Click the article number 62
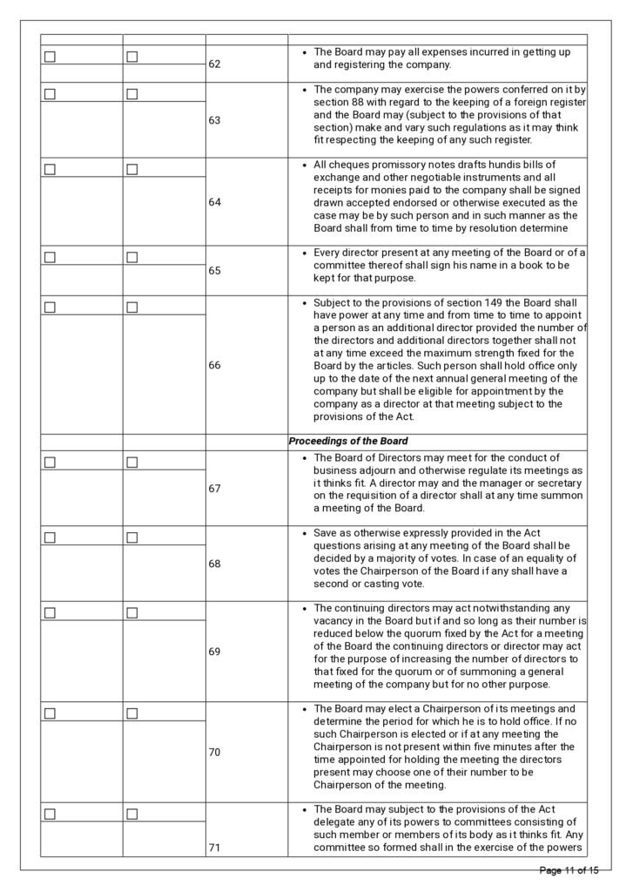[x=214, y=64]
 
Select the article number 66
[x=214, y=365]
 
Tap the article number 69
[x=214, y=651]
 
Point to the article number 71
[x=214, y=847]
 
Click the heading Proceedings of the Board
[x=348, y=441]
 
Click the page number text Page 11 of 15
[x=569, y=870]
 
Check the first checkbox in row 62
[x=50, y=57]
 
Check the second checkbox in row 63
[x=132, y=93]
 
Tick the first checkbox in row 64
[x=50, y=169]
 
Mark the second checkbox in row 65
[x=132, y=257]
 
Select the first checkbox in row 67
[x=50, y=462]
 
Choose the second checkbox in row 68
[x=132, y=537]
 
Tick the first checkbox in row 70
[x=50, y=713]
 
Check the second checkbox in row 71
[x=132, y=814]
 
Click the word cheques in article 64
[x=346, y=165]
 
